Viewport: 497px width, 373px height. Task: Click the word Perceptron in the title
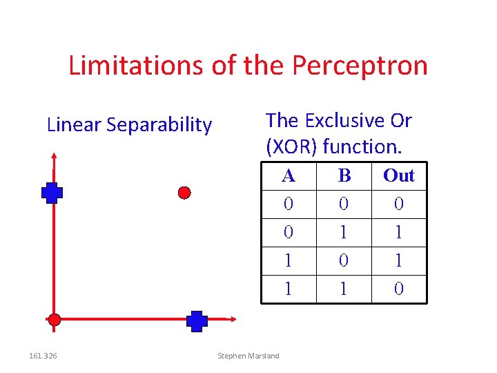pos(360,66)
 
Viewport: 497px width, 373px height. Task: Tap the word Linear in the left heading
pos(74,125)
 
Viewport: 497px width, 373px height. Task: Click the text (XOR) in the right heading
pos(291,146)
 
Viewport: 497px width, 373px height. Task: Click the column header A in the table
pos(289,175)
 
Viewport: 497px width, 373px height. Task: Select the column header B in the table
pos(344,175)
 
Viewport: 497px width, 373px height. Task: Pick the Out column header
pos(399,175)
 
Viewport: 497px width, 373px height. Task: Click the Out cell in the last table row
pos(399,289)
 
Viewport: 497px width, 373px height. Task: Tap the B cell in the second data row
pos(344,232)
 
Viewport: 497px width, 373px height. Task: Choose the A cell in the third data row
pos(289,260)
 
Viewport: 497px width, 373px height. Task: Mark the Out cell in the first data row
pos(399,204)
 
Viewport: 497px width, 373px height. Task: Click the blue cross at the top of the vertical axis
pos(52,193)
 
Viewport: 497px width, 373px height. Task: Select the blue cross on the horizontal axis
pos(197,321)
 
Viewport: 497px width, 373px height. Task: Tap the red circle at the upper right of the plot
pos(184,192)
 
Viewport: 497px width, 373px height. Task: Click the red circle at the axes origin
pos(54,319)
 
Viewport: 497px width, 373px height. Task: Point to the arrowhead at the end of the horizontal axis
pos(233,319)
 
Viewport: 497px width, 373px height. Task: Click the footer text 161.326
pos(43,356)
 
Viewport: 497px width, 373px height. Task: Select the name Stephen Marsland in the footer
pos(248,356)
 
